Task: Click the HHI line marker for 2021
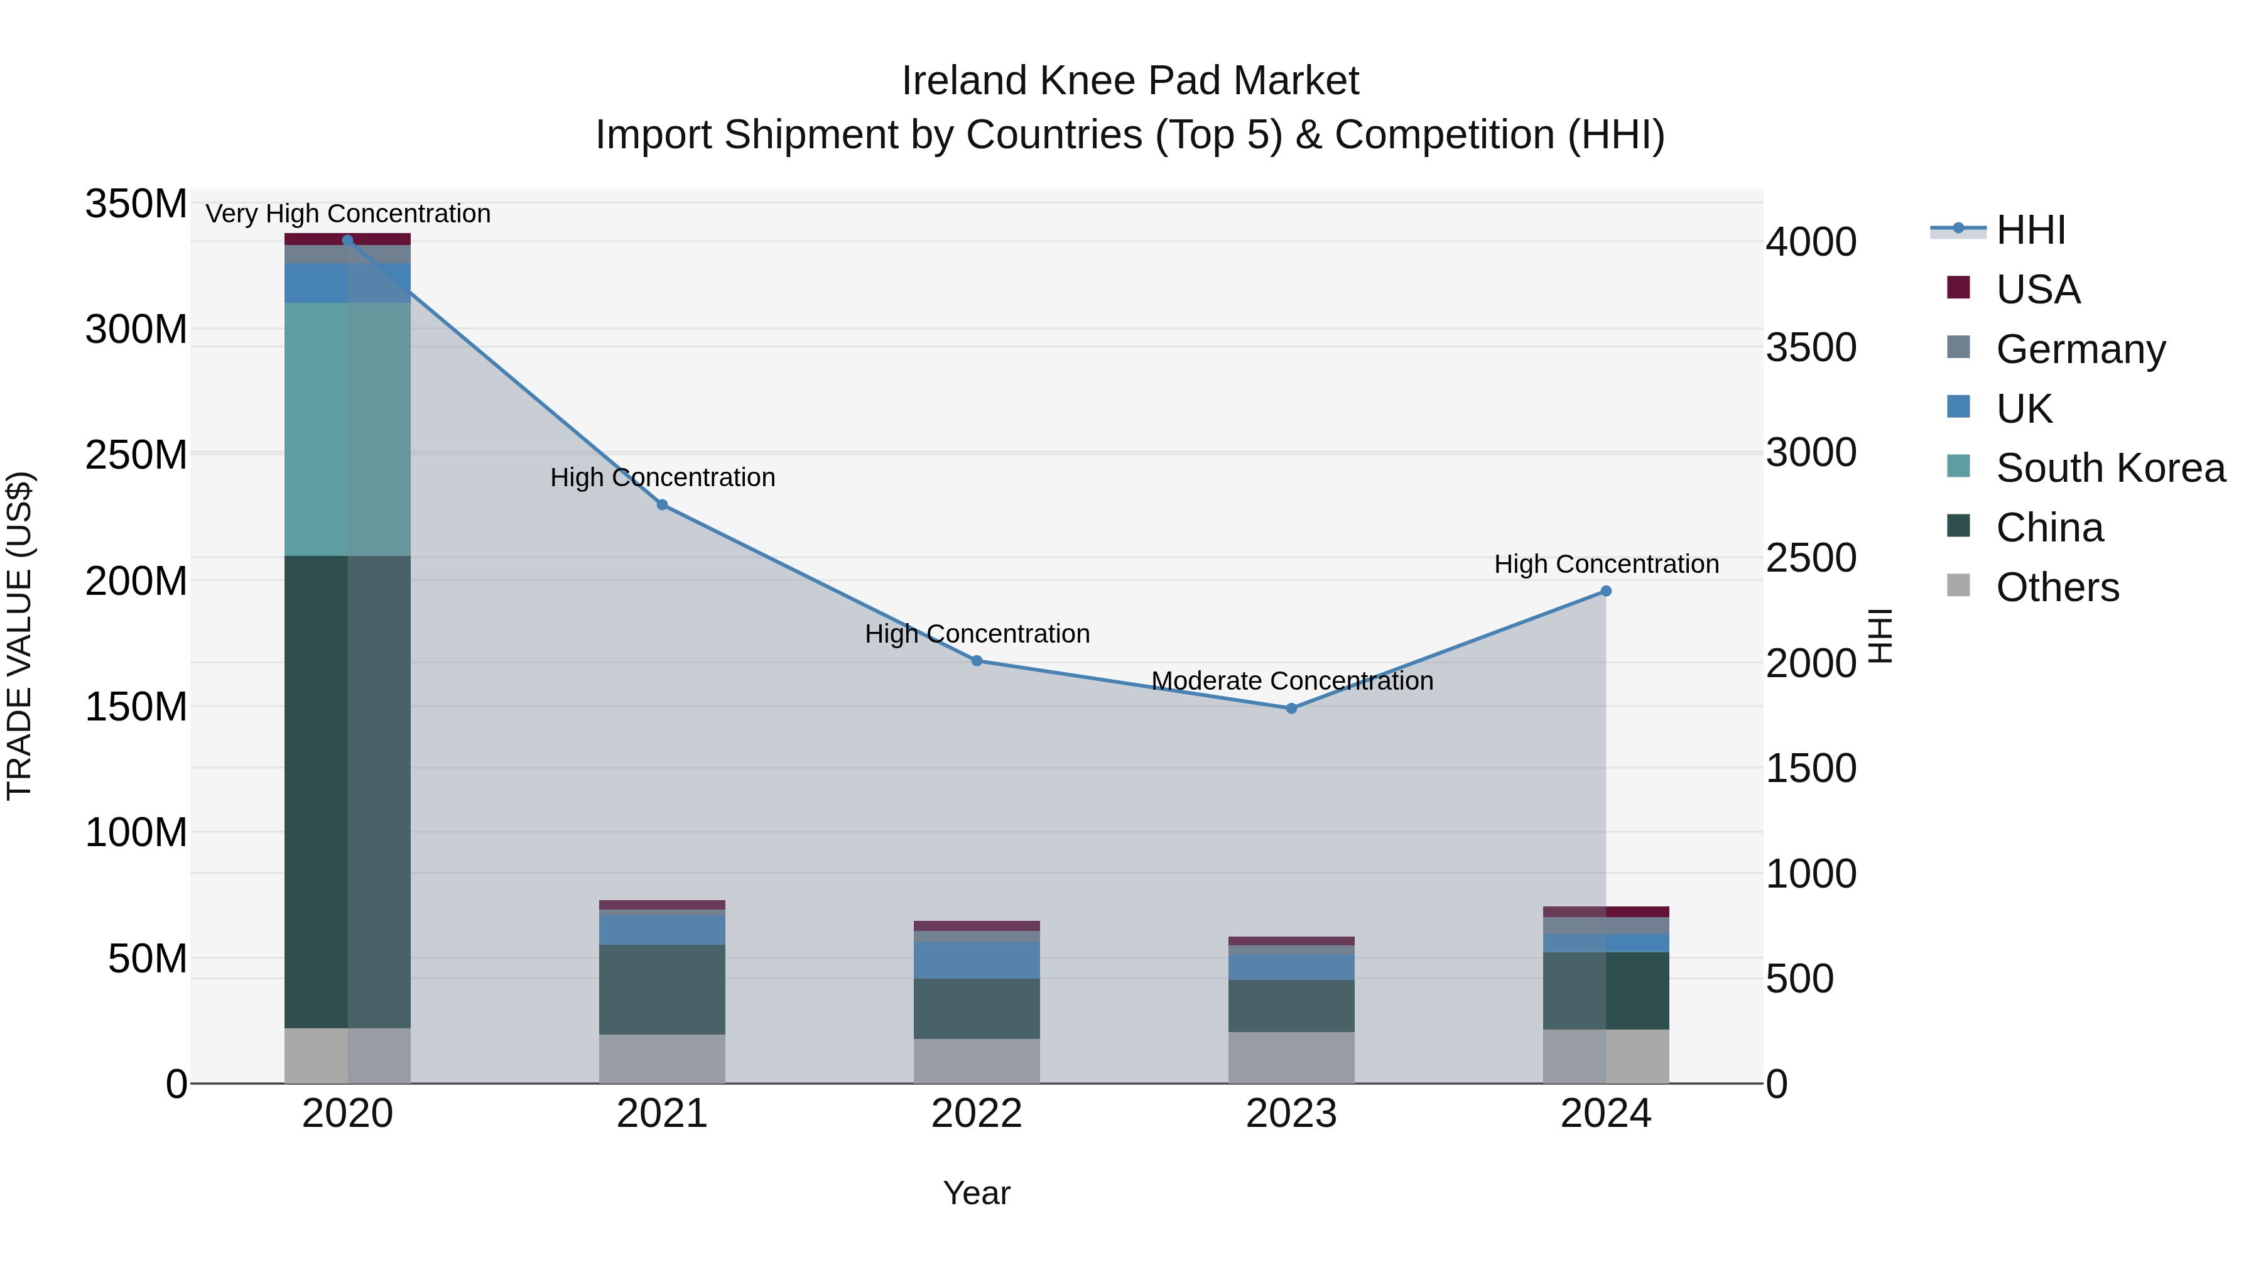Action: point(662,505)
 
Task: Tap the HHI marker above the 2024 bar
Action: point(1605,592)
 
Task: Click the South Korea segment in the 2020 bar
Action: point(347,429)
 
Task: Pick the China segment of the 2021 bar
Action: point(662,989)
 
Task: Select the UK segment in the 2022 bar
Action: point(976,960)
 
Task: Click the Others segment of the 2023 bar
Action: point(1291,1058)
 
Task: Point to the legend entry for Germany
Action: point(2080,349)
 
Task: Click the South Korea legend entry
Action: point(2110,468)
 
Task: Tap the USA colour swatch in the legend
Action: point(1958,288)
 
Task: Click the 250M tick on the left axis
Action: point(136,455)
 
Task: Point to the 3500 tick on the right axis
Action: point(1811,347)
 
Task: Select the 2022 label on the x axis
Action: point(976,1114)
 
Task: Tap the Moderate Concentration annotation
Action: point(1291,681)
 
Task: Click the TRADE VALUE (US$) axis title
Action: point(19,636)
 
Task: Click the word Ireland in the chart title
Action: point(965,82)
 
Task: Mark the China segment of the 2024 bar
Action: point(1605,990)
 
